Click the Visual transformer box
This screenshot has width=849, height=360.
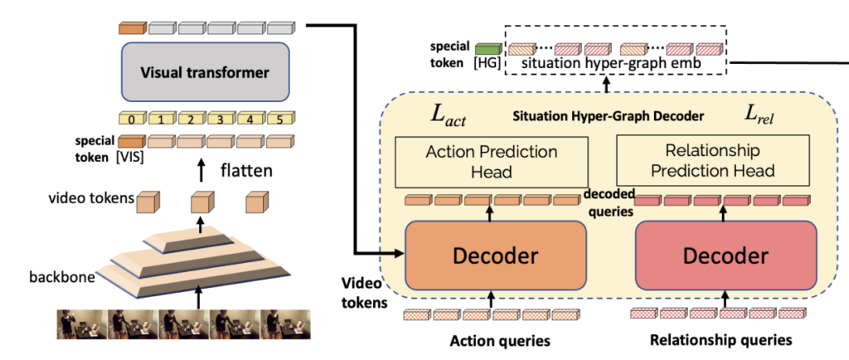point(205,72)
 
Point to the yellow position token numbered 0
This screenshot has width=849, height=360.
point(132,119)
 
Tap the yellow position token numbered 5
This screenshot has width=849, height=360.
point(281,119)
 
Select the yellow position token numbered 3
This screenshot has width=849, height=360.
point(221,119)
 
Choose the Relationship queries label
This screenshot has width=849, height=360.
point(720,340)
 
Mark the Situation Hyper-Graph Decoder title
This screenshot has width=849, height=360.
point(608,116)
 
